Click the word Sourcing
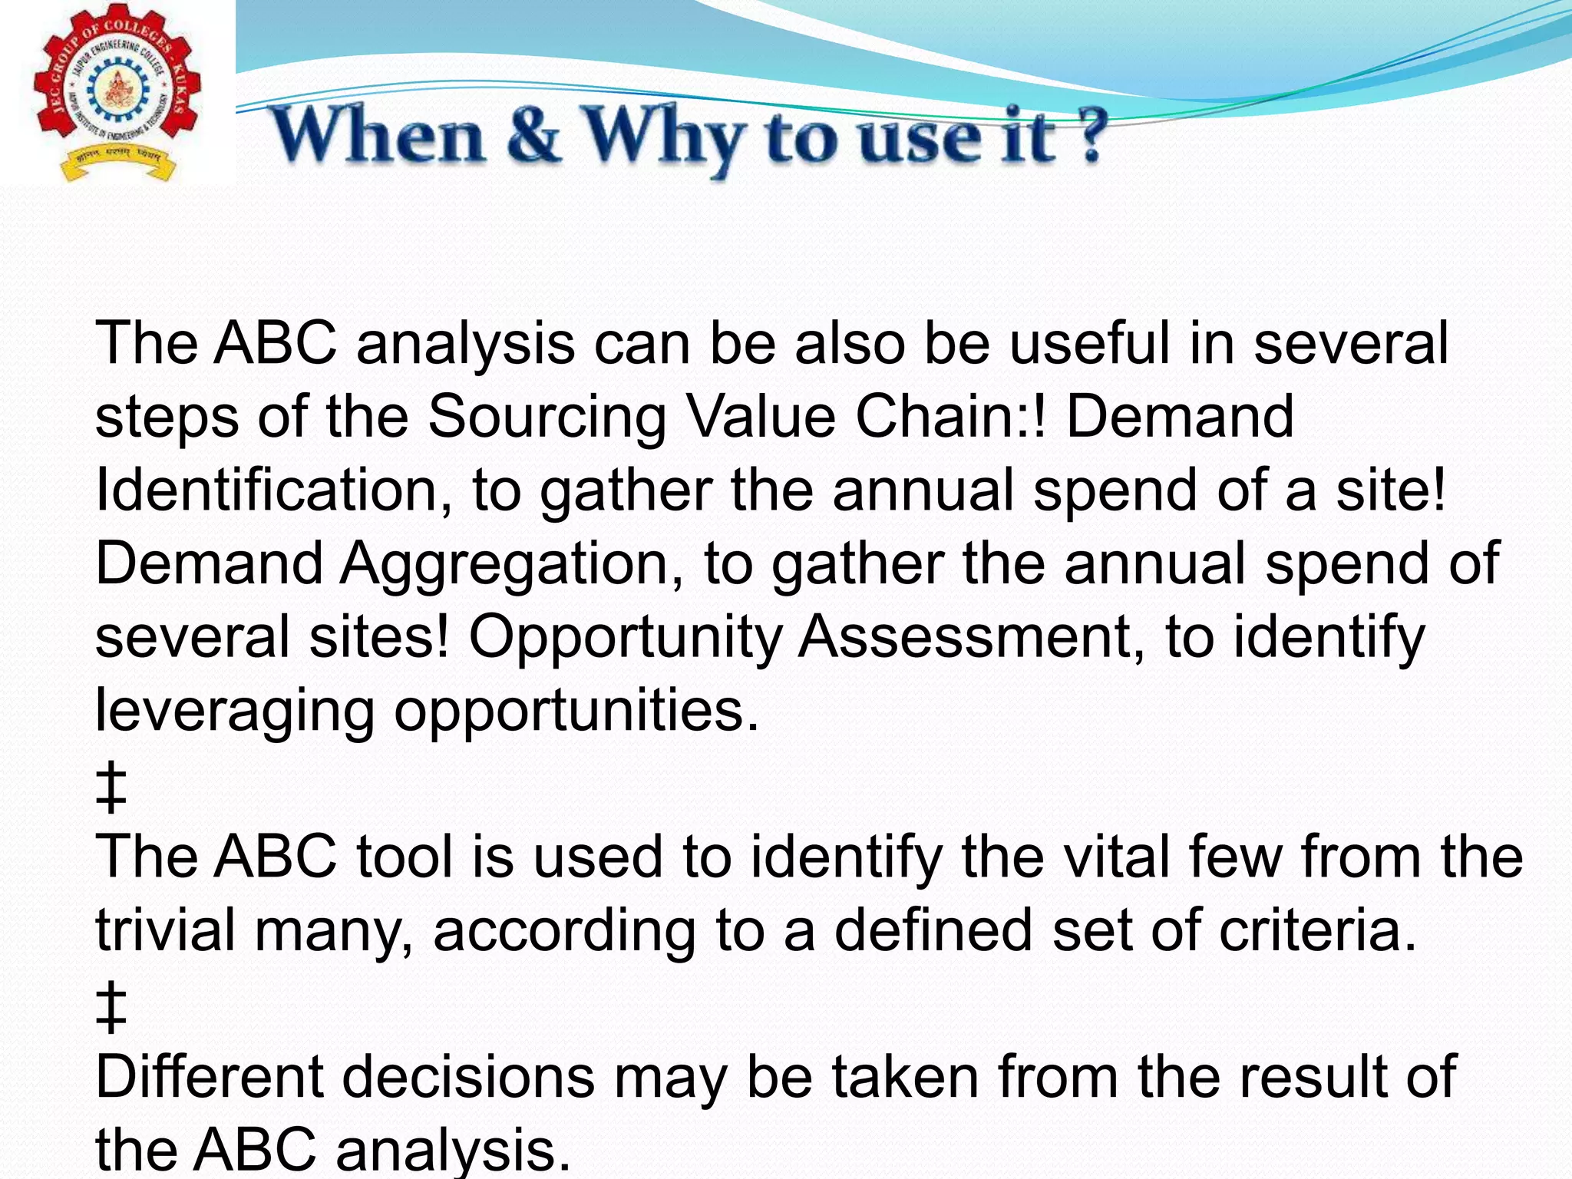pos(546,417)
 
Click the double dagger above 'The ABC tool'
pos(111,787)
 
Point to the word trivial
pos(164,930)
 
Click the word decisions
pos(468,1076)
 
